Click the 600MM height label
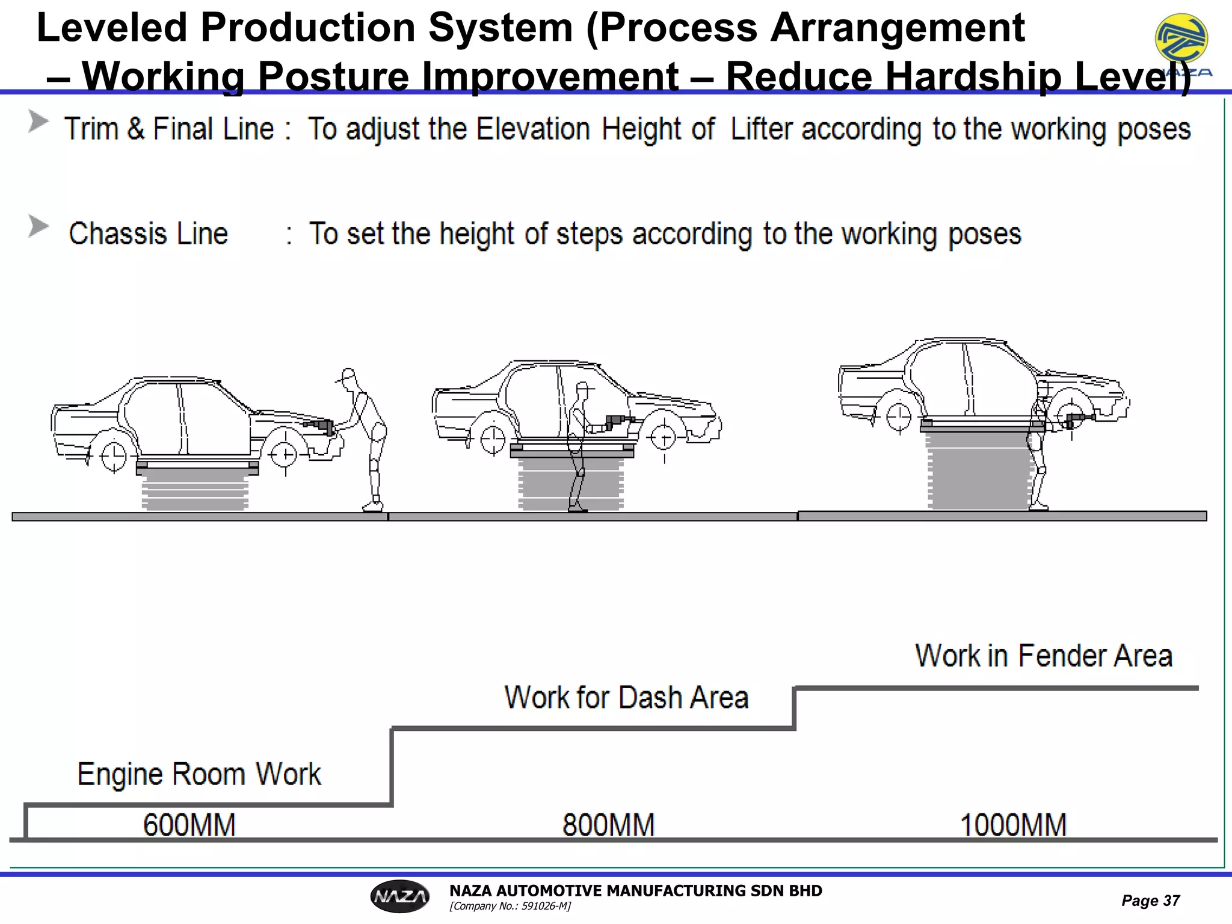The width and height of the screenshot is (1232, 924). pos(189,825)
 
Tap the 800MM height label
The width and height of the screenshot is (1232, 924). pos(608,825)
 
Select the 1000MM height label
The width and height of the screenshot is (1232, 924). pos(1013,825)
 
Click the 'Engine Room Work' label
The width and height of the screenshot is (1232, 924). pos(199,774)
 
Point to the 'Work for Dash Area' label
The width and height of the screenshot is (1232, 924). pos(626,698)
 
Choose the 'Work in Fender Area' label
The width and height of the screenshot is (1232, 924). pos(1044,656)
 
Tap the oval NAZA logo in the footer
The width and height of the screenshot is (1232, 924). pos(400,897)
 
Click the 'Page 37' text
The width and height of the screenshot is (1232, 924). pos(1150,901)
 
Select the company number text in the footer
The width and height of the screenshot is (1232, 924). pos(510,906)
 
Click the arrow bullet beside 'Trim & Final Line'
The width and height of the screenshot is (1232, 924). pos(38,122)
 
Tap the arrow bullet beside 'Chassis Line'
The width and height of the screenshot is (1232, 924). pos(38,227)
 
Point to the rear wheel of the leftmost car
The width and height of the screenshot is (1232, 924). pos(113,457)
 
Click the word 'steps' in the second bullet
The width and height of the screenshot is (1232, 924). pos(589,234)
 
